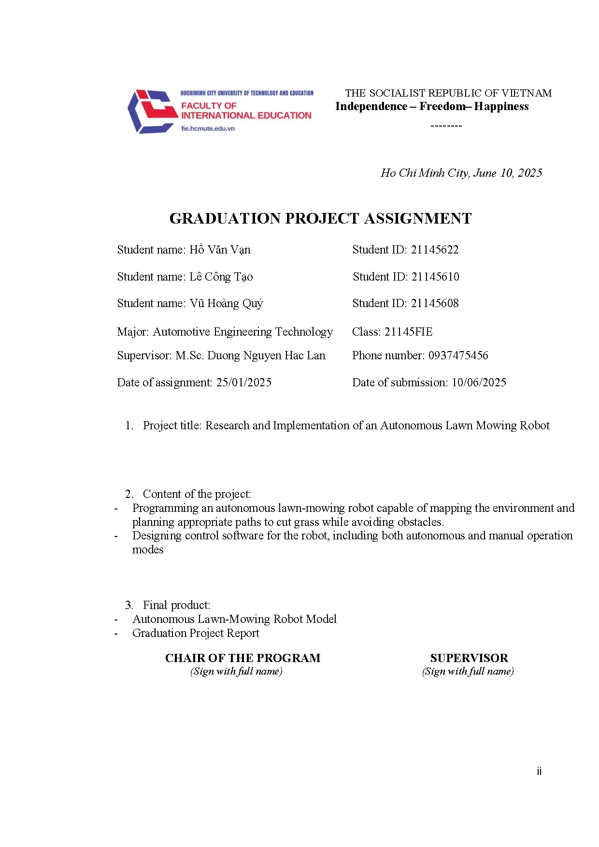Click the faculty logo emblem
pos(151,112)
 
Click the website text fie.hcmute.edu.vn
pos(208,128)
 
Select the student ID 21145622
pos(434,250)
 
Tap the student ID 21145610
pos(435,277)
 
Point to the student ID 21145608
pos(434,303)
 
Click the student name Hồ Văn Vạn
pos(220,250)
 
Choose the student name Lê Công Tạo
pos(221,277)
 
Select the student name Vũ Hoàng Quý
pos(226,303)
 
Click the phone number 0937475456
pos(458,355)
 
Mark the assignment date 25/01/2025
pos(243,382)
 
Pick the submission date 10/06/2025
pos(479,382)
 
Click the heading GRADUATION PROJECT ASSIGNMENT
pos(320,218)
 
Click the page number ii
pos(539,771)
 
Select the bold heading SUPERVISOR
pos(469,658)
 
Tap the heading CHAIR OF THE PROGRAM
pos(242,658)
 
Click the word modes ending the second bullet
pos(148,550)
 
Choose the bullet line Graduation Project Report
pos(196,633)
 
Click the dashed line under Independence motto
pos(446,126)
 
